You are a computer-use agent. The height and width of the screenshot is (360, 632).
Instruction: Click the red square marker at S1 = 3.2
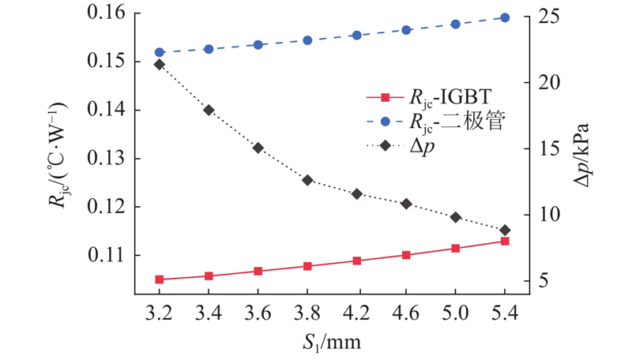point(160,279)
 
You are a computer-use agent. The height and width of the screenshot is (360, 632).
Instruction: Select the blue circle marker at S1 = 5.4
point(506,17)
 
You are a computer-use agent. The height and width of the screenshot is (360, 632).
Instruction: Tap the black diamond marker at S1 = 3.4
point(209,110)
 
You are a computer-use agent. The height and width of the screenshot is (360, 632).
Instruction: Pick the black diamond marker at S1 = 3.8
point(307,180)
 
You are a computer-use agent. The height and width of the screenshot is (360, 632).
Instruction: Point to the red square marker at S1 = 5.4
point(506,241)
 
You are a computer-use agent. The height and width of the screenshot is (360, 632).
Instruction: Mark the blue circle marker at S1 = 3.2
point(160,52)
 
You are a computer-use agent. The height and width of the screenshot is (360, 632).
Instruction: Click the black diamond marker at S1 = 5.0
point(456,217)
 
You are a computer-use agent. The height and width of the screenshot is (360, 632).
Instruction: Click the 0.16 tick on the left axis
point(97,13)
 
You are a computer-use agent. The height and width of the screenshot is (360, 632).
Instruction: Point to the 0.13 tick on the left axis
point(97,159)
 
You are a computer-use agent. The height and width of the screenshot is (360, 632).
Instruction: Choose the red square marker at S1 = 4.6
point(406,255)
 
